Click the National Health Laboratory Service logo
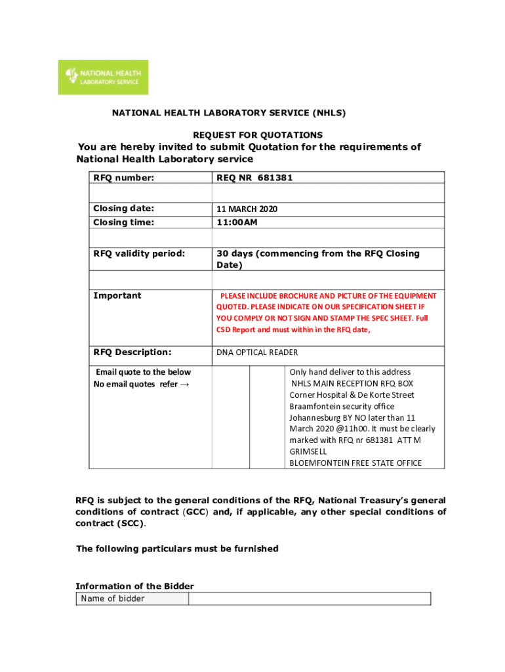coord(103,77)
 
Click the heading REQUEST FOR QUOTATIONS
coord(257,135)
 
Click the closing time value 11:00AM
coord(237,222)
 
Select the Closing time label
coord(124,222)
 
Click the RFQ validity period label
coord(139,253)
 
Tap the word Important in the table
coord(117,295)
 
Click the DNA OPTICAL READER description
coord(257,352)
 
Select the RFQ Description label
coord(132,352)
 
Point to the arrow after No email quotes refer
coord(186,384)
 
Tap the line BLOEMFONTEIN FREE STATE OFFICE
coord(355,463)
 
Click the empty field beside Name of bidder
coord(310,598)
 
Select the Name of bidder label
coord(113,598)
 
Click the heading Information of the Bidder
coord(134,586)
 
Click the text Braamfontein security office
coord(342,406)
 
